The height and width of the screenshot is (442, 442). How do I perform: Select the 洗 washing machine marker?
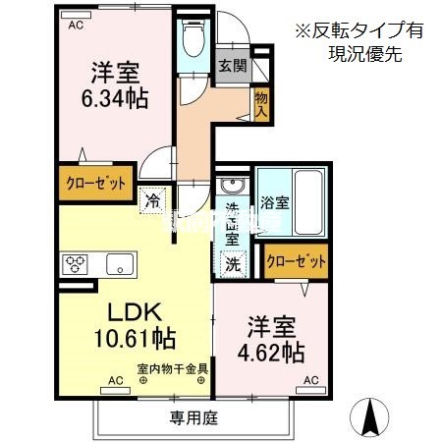tap(232, 262)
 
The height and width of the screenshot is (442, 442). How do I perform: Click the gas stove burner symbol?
tap(76, 263)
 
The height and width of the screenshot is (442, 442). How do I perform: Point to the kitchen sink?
tap(120, 263)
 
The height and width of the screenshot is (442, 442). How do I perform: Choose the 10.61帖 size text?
tap(135, 340)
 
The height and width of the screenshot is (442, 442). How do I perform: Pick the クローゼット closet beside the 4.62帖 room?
tap(295, 261)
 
